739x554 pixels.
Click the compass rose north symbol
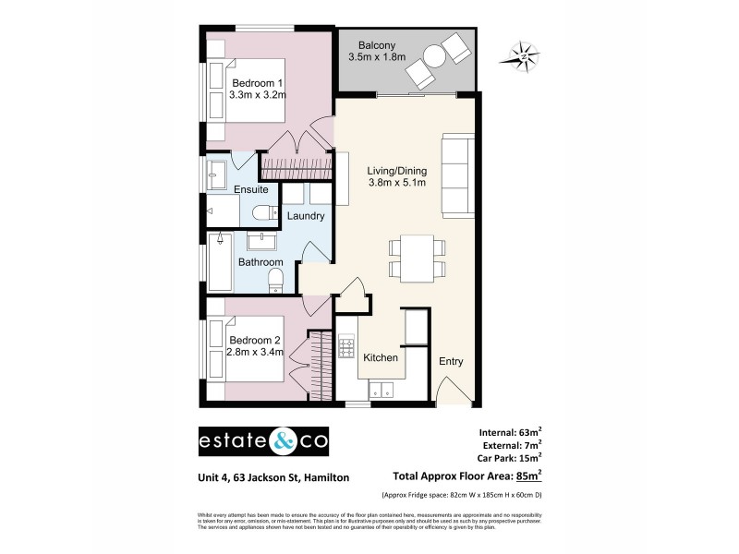(522, 57)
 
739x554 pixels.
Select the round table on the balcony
(433, 56)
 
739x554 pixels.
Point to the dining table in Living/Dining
(417, 258)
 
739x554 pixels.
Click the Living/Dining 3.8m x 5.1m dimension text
(396, 183)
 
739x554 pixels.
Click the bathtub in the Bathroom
(218, 262)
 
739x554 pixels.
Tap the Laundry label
(305, 216)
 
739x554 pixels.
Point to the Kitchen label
(380, 357)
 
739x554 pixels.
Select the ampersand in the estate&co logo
(283, 441)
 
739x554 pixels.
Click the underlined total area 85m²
(527, 476)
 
